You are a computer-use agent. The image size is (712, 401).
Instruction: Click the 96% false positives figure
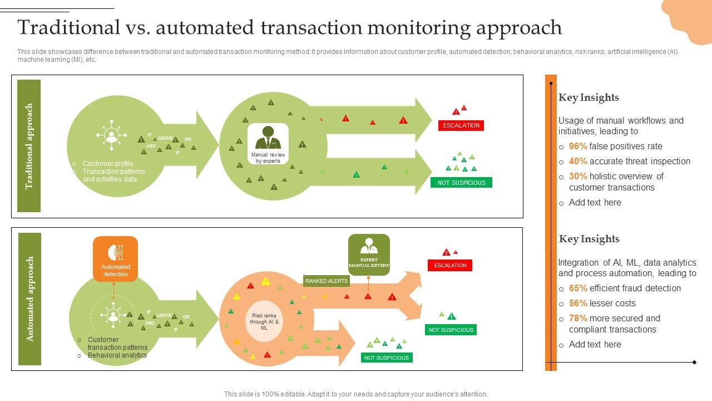tap(578, 146)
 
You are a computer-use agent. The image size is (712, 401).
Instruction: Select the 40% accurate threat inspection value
tap(578, 162)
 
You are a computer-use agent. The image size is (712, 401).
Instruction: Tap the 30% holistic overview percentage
tap(578, 177)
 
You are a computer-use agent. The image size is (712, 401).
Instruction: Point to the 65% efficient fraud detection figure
tap(578, 288)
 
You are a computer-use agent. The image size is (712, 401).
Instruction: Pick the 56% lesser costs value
tap(578, 304)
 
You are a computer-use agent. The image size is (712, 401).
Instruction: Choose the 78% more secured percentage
tap(578, 319)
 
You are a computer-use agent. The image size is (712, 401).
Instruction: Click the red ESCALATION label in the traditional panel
tap(461, 125)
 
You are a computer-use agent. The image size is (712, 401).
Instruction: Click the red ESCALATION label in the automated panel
tap(450, 266)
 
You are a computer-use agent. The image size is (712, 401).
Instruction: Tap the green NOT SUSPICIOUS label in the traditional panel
tap(461, 183)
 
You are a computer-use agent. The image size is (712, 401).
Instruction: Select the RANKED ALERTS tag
tap(327, 281)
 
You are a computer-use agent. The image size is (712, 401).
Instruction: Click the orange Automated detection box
tap(115, 259)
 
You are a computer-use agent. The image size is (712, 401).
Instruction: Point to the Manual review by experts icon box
tap(268, 144)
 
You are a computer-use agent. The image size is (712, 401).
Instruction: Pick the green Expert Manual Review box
tap(369, 255)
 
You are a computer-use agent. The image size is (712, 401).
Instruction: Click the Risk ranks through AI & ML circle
tap(264, 322)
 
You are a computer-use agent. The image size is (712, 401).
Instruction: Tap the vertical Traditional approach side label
tap(29, 146)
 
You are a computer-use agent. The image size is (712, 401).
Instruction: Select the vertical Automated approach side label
tap(30, 299)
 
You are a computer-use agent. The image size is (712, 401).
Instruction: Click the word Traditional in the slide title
tap(68, 27)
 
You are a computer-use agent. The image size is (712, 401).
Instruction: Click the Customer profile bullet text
tap(108, 164)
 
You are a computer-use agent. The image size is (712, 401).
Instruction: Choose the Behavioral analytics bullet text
tap(117, 355)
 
